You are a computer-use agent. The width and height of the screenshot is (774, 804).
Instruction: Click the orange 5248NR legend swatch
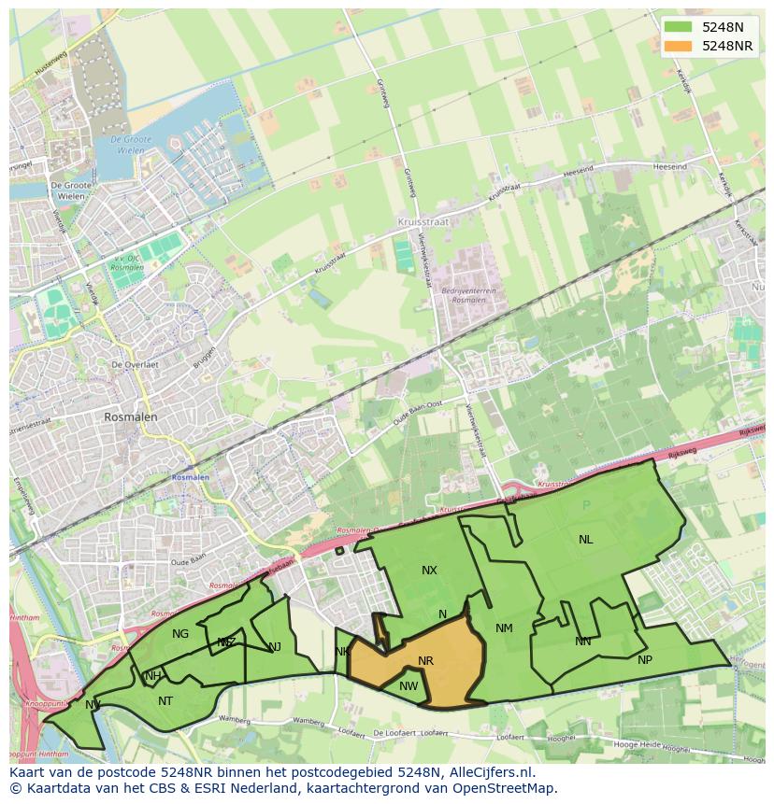point(679,46)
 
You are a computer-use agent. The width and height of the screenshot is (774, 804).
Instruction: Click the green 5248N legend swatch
point(679,27)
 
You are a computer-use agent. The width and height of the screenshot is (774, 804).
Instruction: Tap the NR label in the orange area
point(425,661)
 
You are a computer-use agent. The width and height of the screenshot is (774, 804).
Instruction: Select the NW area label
point(408,686)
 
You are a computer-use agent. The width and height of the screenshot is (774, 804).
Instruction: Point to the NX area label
point(429,571)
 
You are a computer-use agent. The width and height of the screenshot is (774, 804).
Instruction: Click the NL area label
point(585,540)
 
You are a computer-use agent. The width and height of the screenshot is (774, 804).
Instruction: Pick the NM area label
point(504,628)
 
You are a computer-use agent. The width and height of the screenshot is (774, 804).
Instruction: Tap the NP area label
point(644,660)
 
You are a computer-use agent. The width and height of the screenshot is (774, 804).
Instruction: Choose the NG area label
point(180,634)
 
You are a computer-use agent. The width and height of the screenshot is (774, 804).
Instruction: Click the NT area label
point(165,701)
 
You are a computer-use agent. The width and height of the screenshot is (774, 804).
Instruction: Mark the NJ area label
point(275,647)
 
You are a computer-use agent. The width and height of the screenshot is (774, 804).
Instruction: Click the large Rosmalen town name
point(131,417)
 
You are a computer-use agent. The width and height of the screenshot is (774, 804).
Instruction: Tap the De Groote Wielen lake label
point(130,145)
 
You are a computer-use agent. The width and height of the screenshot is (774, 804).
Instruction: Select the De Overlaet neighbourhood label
point(134,364)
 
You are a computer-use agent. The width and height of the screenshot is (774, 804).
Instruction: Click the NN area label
point(582,642)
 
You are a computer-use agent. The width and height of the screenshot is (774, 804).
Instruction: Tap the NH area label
point(153,676)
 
